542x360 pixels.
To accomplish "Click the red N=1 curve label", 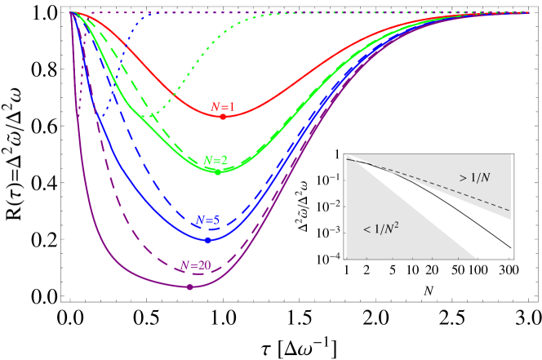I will click(x=223, y=107).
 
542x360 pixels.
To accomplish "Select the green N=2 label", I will click(x=215, y=160).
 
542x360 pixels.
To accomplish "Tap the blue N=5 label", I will click(x=207, y=220).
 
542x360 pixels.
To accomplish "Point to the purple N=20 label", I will click(x=196, y=265).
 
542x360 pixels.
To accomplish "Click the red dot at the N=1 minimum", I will click(x=222, y=117).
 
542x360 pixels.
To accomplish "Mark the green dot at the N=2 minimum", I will click(x=218, y=171).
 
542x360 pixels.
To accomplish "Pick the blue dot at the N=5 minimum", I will click(x=207, y=240).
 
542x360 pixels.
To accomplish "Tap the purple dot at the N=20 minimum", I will click(x=190, y=287).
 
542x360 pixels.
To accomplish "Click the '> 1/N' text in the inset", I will click(x=474, y=177).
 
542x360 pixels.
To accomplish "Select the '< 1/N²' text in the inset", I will click(x=380, y=229).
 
